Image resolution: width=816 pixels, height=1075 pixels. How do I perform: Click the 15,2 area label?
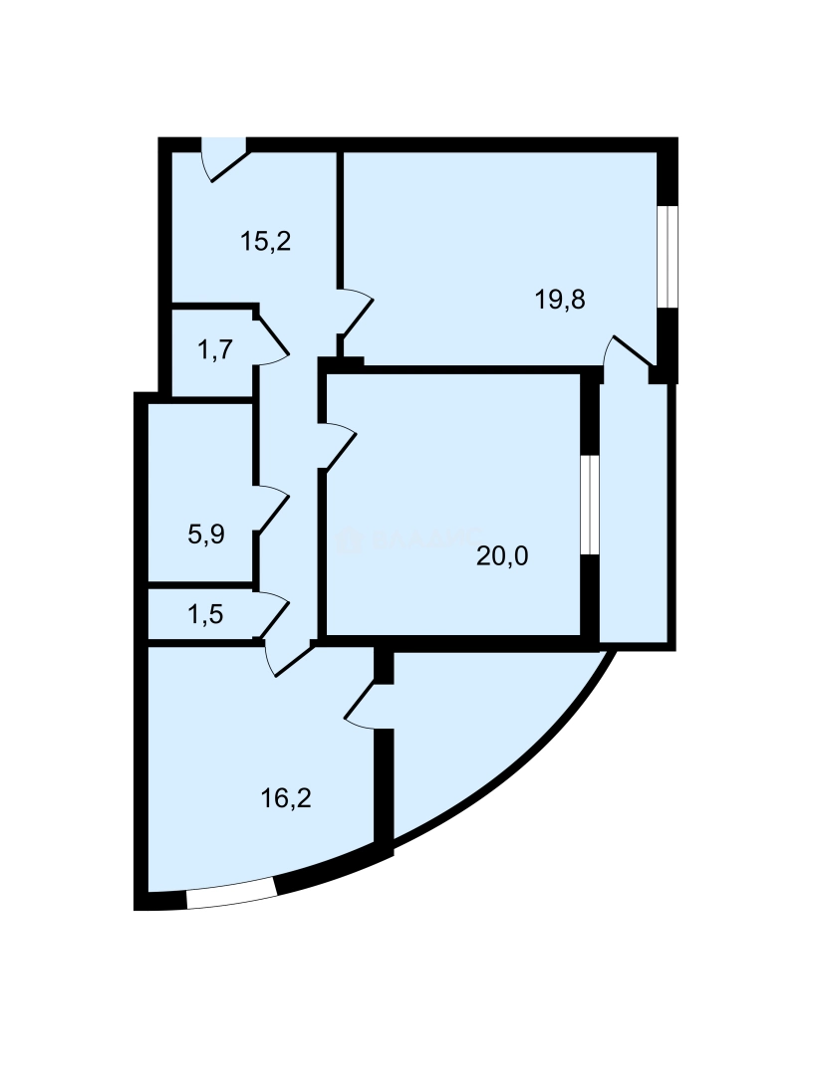265,241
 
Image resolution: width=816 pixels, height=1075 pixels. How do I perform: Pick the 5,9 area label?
206,536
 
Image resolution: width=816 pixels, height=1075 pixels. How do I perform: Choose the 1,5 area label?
205,614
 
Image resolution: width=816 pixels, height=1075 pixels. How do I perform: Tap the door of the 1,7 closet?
272,339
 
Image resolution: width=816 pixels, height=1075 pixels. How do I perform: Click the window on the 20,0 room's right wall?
591,504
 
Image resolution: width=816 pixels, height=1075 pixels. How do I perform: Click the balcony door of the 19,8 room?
631,354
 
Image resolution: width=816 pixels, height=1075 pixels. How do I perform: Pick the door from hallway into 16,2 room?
290,658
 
